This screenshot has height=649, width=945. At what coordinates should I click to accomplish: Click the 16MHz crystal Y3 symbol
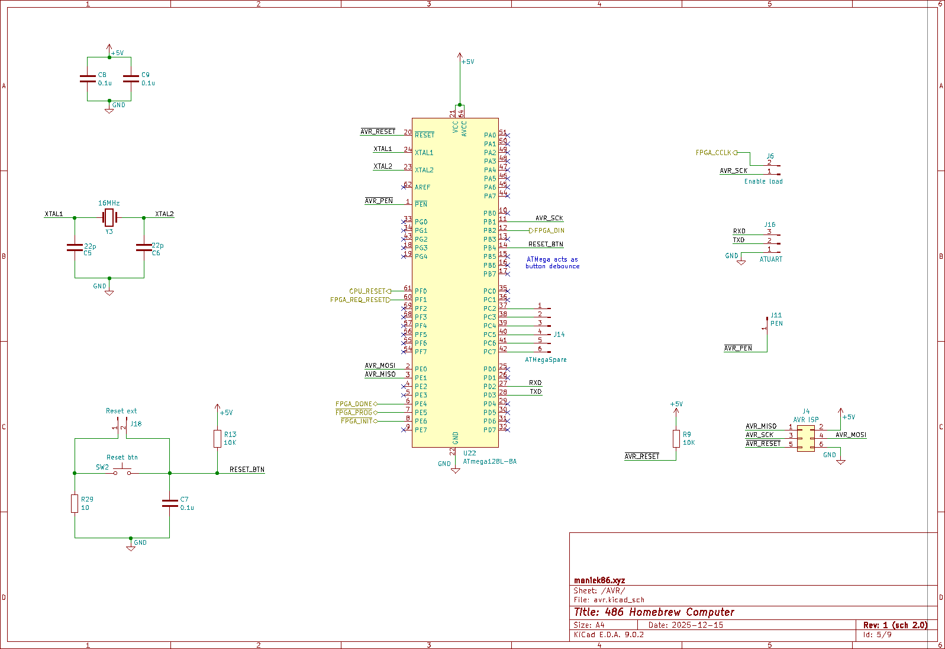[109, 217]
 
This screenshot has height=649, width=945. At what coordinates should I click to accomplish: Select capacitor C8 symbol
[88, 79]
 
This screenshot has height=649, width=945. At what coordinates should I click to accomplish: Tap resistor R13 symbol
[217, 439]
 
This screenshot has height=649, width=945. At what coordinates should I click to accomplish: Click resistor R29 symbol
[75, 503]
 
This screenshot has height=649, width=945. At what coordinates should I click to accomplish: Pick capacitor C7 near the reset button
[170, 503]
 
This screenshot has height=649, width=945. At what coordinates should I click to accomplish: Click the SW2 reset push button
[122, 472]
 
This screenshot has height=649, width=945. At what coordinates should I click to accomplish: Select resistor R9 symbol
[676, 439]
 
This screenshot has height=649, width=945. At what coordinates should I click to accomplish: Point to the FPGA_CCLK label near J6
[713, 153]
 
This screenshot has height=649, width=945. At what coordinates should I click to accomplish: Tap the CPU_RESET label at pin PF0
[367, 291]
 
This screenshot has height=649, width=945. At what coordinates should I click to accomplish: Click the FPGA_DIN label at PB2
[549, 230]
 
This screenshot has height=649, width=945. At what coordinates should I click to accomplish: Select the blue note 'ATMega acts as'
[552, 259]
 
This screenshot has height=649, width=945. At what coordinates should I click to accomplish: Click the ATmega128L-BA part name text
[489, 461]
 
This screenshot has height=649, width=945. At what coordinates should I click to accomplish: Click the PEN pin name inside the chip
[421, 204]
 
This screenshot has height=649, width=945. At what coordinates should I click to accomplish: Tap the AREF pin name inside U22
[422, 187]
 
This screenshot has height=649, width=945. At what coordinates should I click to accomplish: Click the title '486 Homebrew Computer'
[654, 612]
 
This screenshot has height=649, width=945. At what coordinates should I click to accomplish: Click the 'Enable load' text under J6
[763, 181]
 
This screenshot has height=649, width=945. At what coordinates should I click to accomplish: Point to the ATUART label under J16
[770, 259]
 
